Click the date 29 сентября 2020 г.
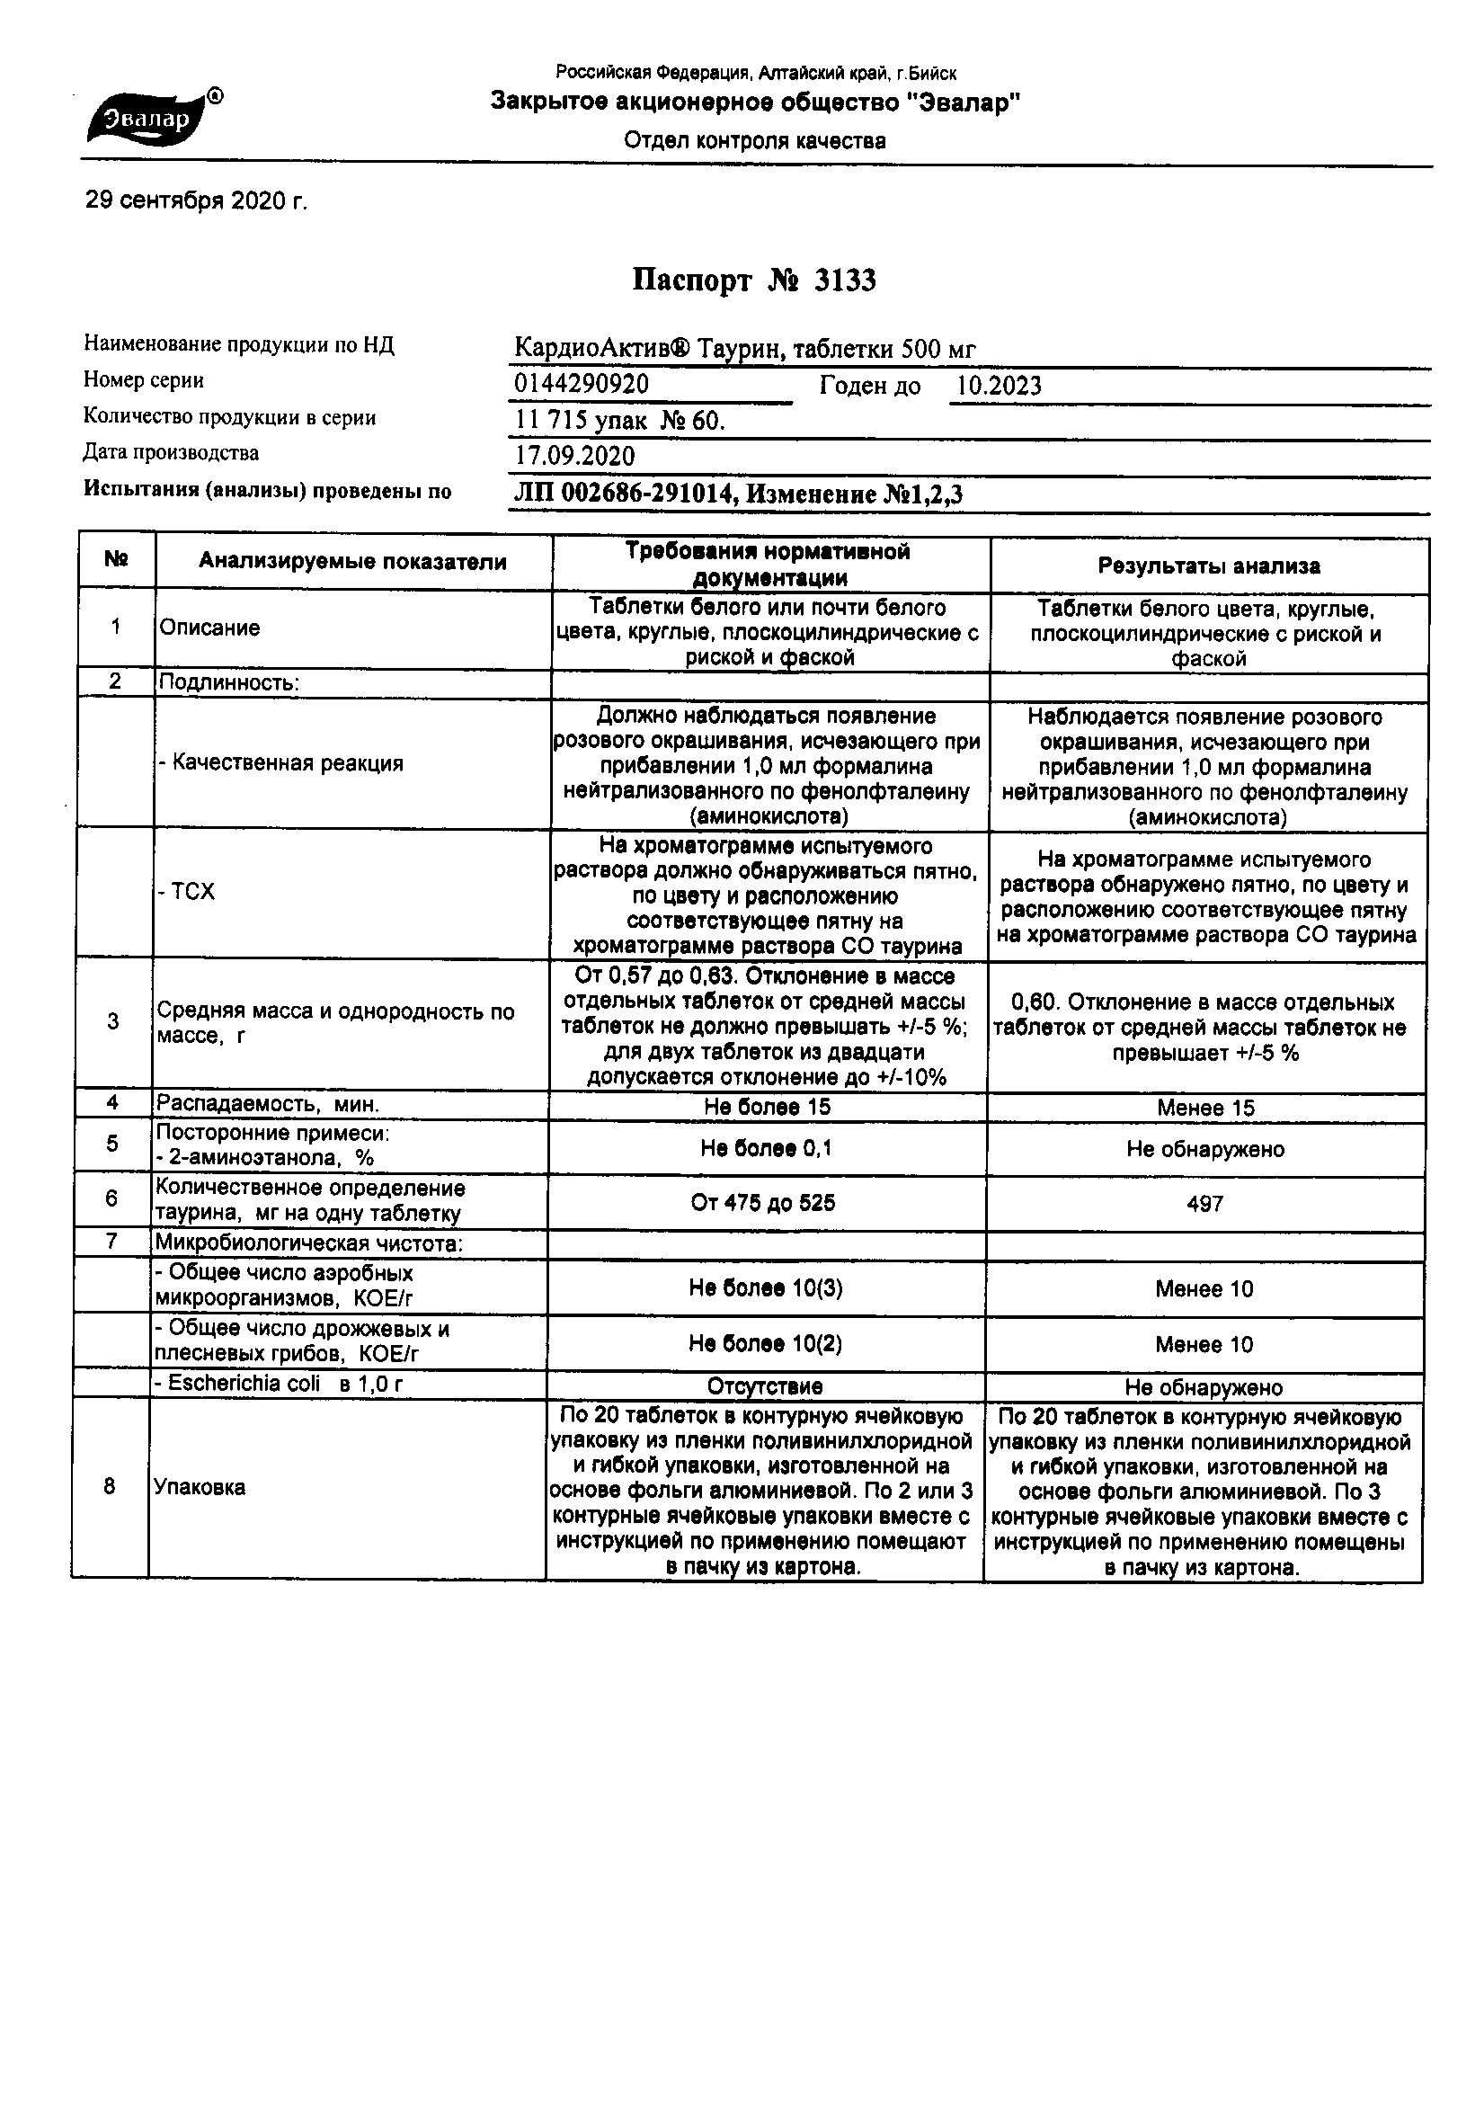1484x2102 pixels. pyautogui.click(x=197, y=200)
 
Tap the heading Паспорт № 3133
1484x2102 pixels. pyautogui.click(x=753, y=281)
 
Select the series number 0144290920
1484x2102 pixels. pyautogui.click(x=582, y=385)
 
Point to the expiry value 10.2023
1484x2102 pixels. pyautogui.click(x=999, y=387)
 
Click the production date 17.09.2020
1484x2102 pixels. pyautogui.click(x=574, y=456)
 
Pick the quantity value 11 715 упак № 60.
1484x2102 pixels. pyautogui.click(x=619, y=420)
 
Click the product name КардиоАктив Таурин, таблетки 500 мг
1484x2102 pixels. pyautogui.click(x=744, y=349)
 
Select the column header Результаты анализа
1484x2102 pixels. pyautogui.click(x=1208, y=566)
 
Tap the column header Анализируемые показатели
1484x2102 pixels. pyautogui.click(x=352, y=562)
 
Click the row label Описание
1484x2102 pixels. pyautogui.click(x=209, y=628)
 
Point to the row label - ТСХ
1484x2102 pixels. pyautogui.click(x=187, y=892)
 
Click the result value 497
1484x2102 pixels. pyautogui.click(x=1204, y=1205)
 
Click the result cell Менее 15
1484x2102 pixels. pyautogui.click(x=1204, y=1108)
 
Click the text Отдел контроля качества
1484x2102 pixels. pyautogui.click(x=754, y=141)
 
